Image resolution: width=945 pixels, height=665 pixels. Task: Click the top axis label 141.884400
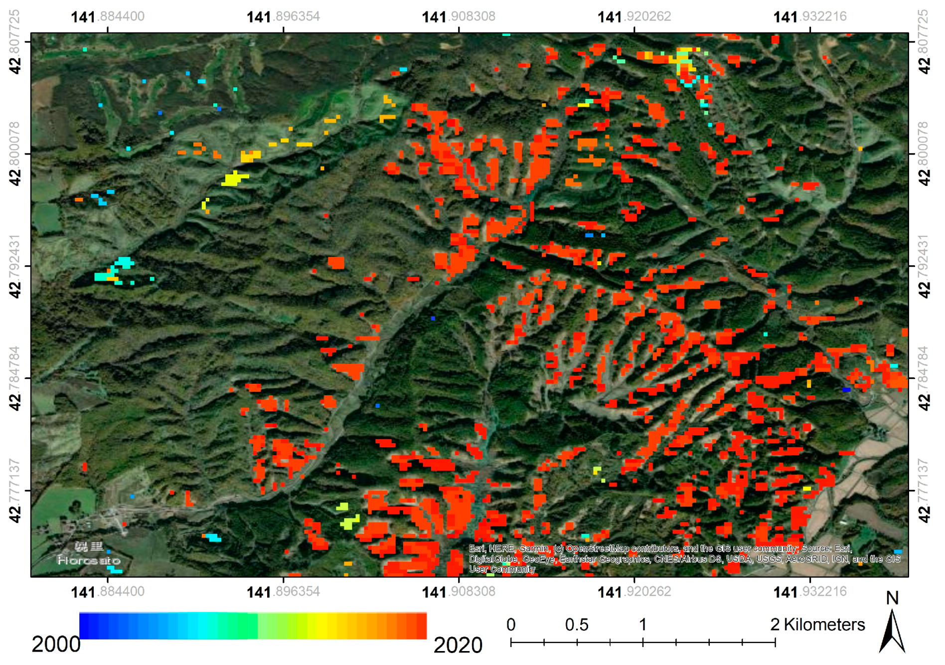(x=108, y=17)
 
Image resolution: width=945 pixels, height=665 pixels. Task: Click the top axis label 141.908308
(x=459, y=17)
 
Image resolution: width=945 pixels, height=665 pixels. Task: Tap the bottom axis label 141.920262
(x=634, y=592)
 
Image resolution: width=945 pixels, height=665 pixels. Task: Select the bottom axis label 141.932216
(x=809, y=592)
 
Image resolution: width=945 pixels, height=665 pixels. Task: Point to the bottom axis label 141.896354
(x=283, y=592)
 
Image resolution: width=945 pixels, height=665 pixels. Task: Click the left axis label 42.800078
(x=15, y=154)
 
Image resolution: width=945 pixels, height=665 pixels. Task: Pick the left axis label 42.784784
(x=15, y=378)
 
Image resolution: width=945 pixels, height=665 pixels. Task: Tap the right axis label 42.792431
(x=924, y=266)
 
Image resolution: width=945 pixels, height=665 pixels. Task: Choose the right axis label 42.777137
(x=924, y=491)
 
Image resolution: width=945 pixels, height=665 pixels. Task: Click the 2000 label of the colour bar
(x=56, y=645)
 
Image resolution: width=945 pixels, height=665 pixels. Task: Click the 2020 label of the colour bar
(x=458, y=645)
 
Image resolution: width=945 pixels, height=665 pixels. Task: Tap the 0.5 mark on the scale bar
(x=577, y=625)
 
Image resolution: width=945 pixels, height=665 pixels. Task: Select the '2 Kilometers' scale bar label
(x=817, y=625)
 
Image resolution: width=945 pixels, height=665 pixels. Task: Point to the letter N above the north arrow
(x=892, y=598)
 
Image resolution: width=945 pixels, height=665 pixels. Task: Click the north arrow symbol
(x=892, y=632)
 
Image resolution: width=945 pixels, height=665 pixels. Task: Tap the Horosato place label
(x=88, y=560)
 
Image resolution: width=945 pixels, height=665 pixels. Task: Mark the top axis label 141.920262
(x=634, y=17)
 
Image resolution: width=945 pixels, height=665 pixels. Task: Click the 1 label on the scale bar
(x=643, y=625)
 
